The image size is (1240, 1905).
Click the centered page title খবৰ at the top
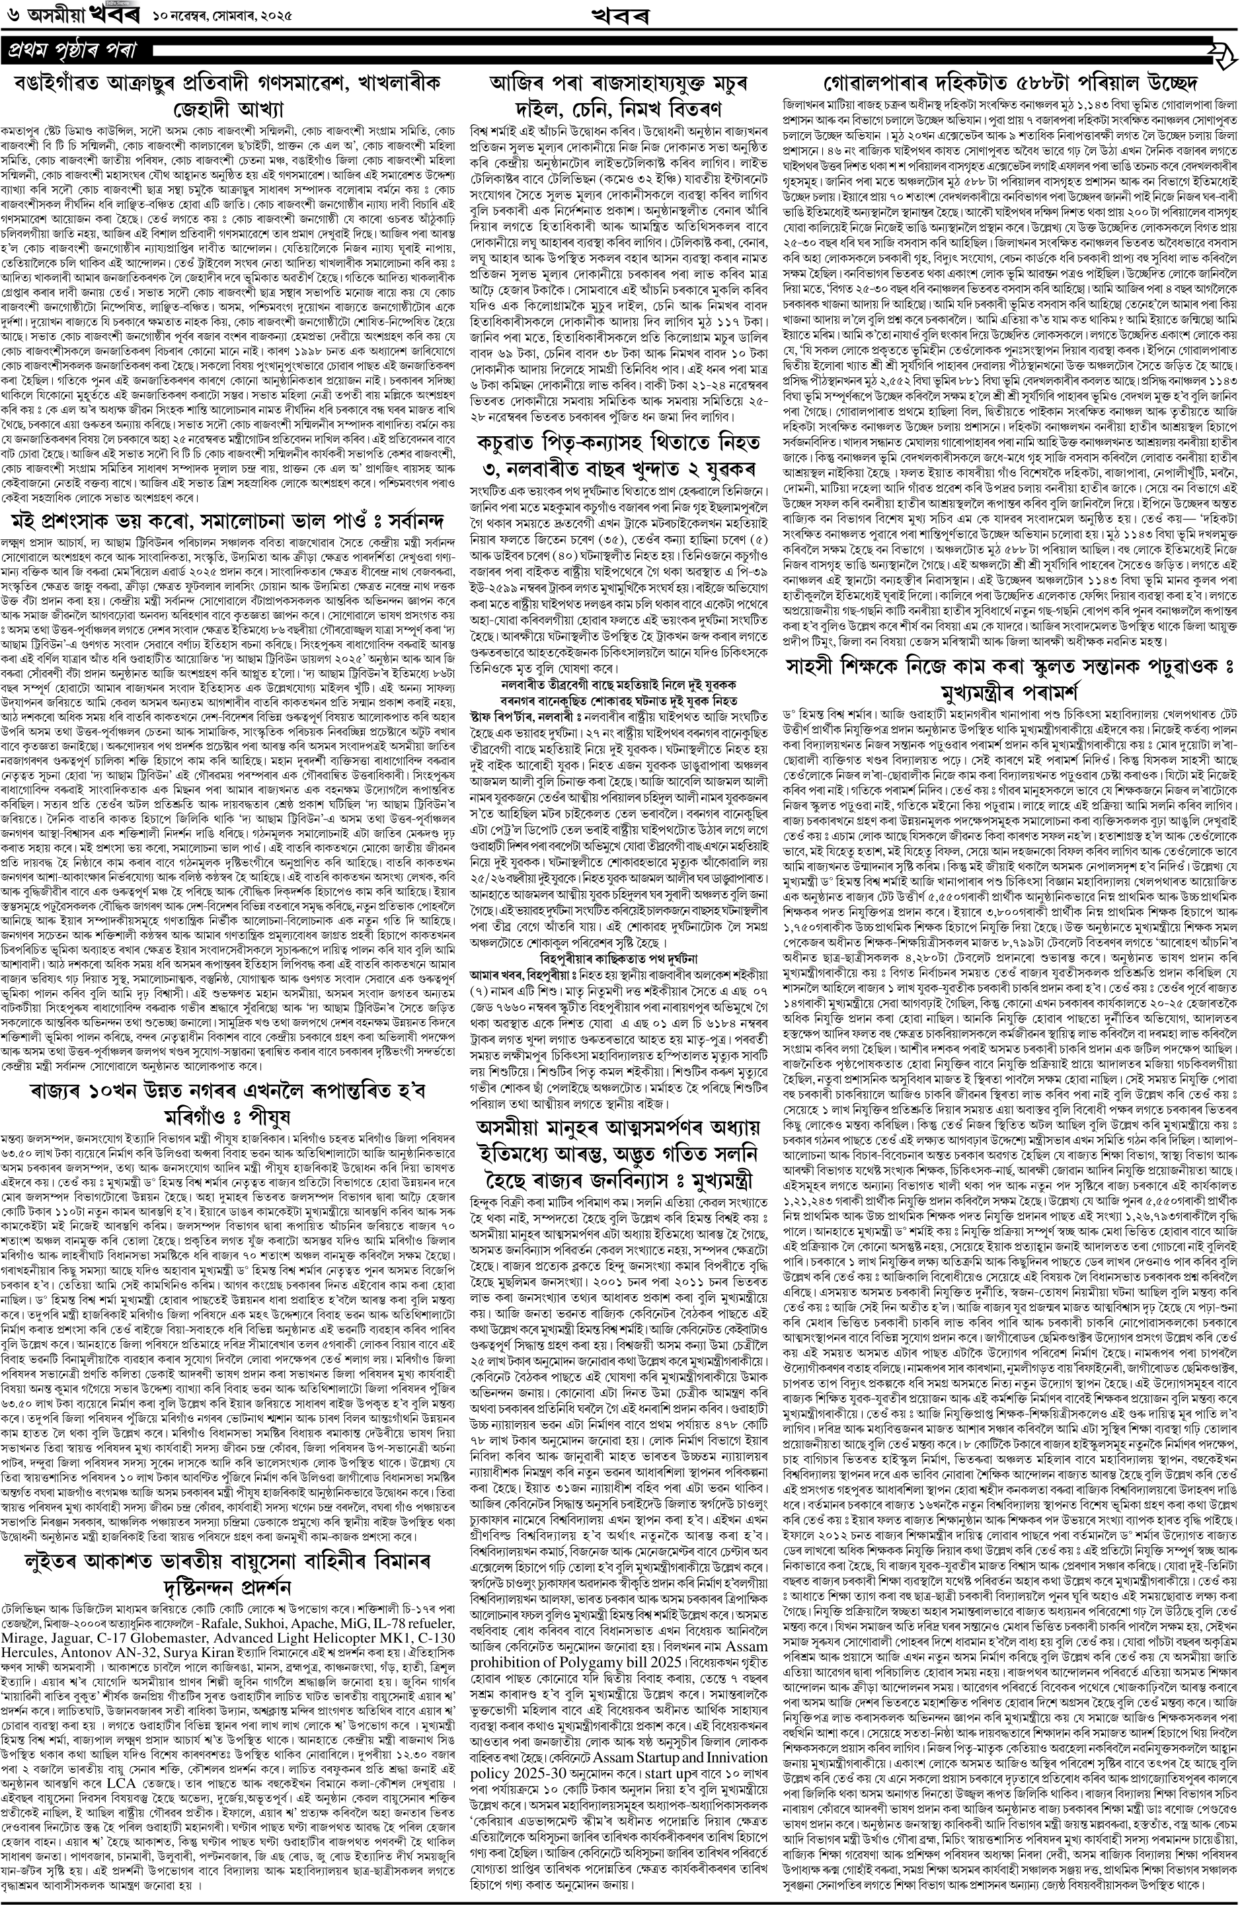point(618,15)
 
